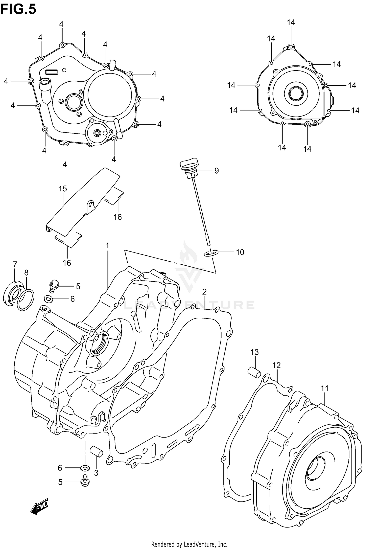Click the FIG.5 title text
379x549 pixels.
[18, 9]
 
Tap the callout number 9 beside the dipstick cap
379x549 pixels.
[216, 171]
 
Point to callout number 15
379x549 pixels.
[63, 189]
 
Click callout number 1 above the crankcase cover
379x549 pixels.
[107, 245]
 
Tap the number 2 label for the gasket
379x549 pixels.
[204, 292]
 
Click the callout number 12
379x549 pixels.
[276, 365]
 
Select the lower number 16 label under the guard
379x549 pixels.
[67, 263]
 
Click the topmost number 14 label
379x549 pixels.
[291, 22]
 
